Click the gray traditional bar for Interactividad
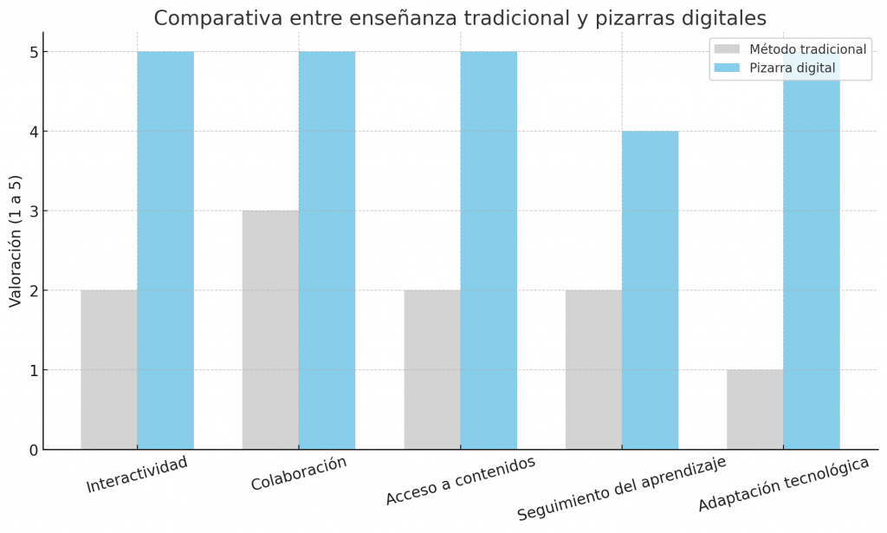click(109, 369)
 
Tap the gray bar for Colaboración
click(270, 329)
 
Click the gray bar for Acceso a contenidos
click(432, 369)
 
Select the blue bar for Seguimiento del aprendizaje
click(650, 289)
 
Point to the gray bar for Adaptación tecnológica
click(754, 409)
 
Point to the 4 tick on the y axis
click(33, 132)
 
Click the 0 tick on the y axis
click(33, 450)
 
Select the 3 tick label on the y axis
click(33, 211)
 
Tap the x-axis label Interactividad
click(137, 474)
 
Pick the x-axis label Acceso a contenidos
click(460, 480)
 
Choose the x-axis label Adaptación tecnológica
click(783, 484)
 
